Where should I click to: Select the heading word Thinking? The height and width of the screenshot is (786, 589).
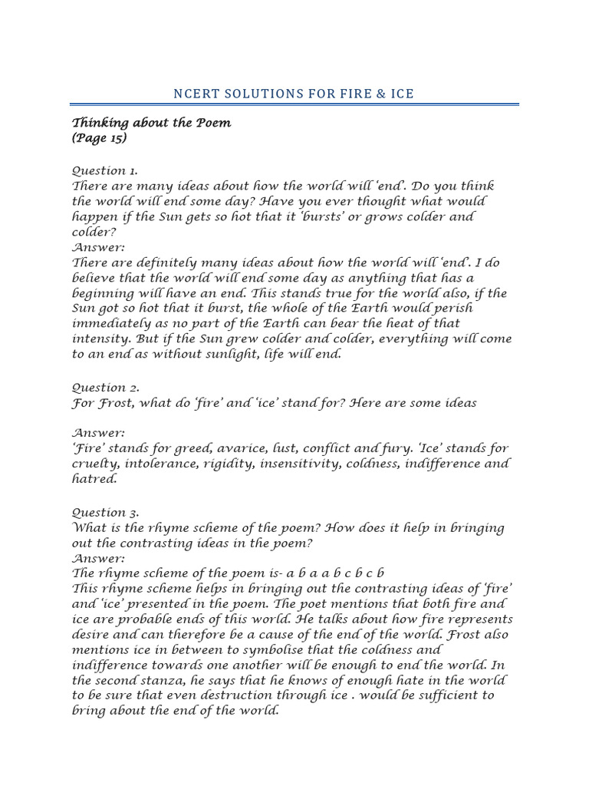[x=101, y=124]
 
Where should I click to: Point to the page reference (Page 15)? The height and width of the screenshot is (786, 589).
[x=100, y=138]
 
